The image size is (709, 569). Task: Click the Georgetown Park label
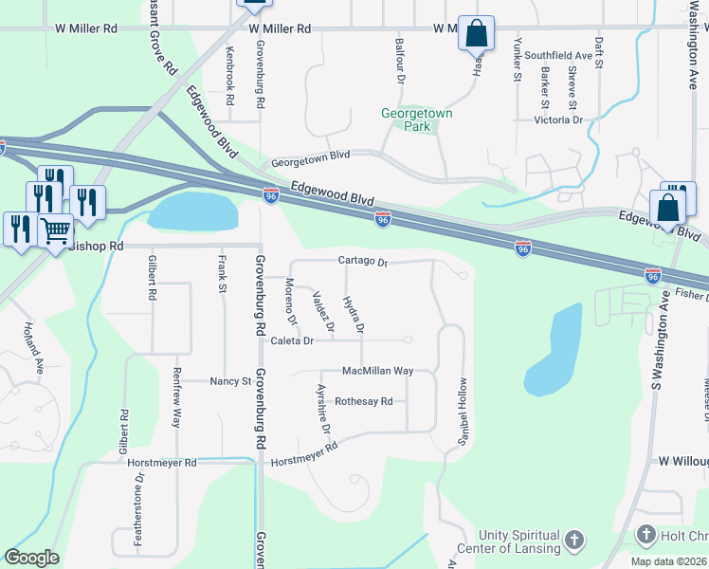417,119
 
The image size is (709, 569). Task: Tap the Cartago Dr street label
363,261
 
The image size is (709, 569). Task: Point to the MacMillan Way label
377,371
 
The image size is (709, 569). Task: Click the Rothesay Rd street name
363,401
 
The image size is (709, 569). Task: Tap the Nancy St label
229,381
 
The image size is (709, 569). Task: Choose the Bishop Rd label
96,246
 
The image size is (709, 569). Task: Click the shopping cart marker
56,229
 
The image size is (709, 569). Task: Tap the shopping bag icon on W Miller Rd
476,34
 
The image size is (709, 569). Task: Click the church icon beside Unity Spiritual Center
574,541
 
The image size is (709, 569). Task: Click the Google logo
31,558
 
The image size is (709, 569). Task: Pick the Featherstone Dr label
138,511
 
